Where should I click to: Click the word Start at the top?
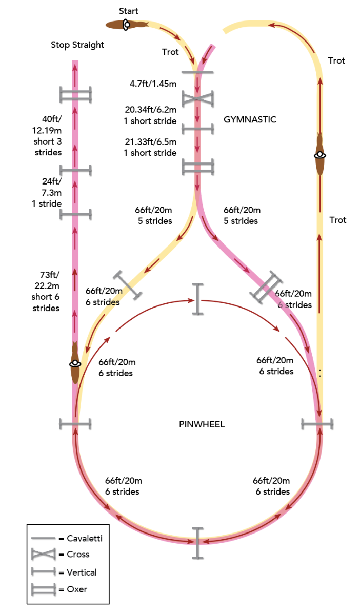[128, 11]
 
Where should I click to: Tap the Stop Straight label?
[77, 45]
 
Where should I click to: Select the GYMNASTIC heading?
[250, 119]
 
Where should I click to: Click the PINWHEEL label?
[202, 424]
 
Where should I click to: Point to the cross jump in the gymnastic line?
[197, 98]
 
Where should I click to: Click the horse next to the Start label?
[126, 25]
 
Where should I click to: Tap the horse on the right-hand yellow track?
[321, 155]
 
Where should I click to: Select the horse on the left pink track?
[75, 363]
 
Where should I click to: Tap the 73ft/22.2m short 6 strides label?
[46, 291]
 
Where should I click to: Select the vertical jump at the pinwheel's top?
[197, 298]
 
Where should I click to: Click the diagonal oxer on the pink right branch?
[266, 287]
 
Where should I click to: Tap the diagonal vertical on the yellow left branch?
[128, 284]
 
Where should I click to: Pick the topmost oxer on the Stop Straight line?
[75, 94]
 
